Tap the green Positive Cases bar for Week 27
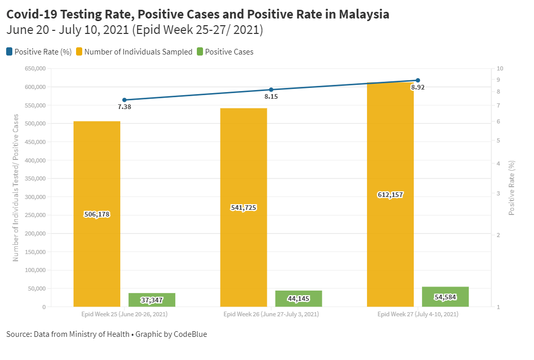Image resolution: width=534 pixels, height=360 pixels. pyautogui.click(x=445, y=297)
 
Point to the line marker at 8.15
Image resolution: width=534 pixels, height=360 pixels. pyautogui.click(x=271, y=90)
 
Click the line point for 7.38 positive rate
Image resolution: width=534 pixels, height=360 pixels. pyautogui.click(x=124, y=100)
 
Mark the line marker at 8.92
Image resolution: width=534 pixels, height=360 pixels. pyautogui.click(x=418, y=80)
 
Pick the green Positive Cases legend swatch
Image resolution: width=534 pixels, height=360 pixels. pyautogui.click(x=200, y=51)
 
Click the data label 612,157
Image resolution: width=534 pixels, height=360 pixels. pyautogui.click(x=390, y=195)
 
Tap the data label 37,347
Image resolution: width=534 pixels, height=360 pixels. pyautogui.click(x=152, y=300)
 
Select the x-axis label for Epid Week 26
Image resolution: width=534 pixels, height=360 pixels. pyautogui.click(x=271, y=314)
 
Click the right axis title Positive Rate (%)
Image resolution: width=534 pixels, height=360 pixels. pyautogui.click(x=512, y=188)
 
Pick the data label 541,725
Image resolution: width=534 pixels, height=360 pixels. pyautogui.click(x=243, y=208)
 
